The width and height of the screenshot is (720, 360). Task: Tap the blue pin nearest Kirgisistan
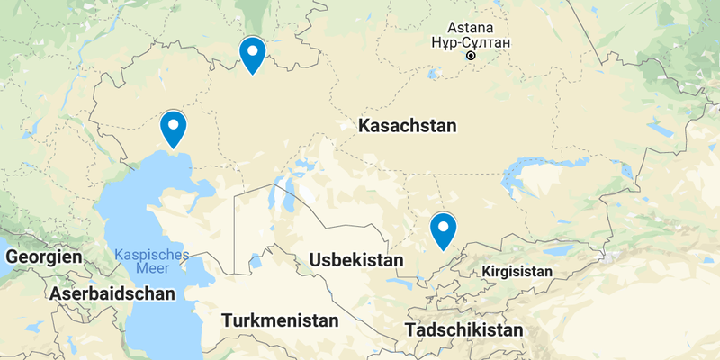pos(443,230)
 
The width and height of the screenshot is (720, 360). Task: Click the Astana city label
pos(471,28)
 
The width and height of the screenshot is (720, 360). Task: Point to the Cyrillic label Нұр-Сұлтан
pos(471,43)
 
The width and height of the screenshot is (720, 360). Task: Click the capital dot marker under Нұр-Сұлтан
pos(471,57)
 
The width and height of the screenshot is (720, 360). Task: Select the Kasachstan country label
pos(407,126)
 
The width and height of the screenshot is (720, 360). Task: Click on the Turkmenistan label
pos(280,320)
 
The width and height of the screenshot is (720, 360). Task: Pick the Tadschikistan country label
pos(463,330)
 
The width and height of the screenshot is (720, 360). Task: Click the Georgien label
pos(43,257)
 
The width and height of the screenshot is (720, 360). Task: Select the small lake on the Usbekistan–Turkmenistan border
pos(256,261)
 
